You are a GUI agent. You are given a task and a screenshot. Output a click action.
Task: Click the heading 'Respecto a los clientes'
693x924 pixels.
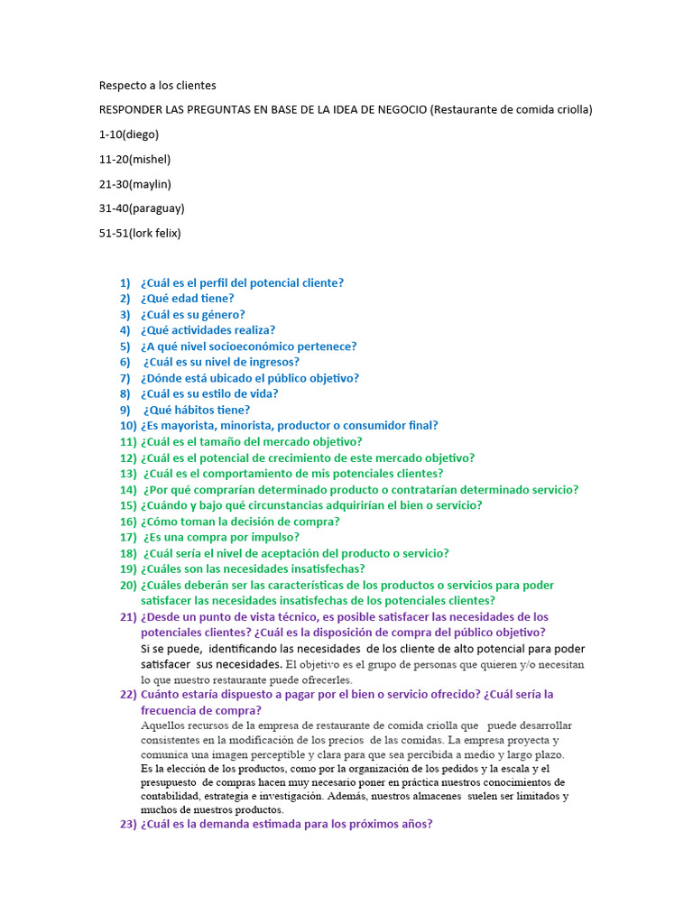pyautogui.click(x=157, y=86)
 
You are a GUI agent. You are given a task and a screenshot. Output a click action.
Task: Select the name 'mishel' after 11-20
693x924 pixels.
pyautogui.click(x=149, y=159)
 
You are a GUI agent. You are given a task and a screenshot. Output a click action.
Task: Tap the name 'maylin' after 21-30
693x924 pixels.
pyautogui.click(x=150, y=184)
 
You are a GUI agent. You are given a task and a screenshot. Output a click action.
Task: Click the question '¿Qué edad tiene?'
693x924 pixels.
pyautogui.click(x=188, y=299)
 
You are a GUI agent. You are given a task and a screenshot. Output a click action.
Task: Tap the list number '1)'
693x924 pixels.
pyautogui.click(x=125, y=282)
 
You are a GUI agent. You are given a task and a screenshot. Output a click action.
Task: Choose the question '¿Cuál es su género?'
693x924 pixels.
pyautogui.click(x=193, y=315)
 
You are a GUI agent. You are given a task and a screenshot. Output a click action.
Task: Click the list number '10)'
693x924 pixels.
pyautogui.click(x=127, y=425)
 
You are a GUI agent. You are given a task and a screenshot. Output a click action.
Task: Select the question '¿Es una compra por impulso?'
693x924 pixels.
pyautogui.click(x=221, y=537)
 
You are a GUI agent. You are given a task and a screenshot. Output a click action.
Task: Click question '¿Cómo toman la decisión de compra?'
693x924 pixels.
pyautogui.click(x=240, y=522)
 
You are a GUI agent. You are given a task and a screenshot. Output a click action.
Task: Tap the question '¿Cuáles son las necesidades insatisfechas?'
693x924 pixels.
pyautogui.click(x=253, y=568)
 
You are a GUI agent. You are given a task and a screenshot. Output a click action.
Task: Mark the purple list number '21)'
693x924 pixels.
pyautogui.click(x=127, y=617)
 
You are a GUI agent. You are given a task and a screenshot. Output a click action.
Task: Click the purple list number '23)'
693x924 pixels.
pyautogui.click(x=127, y=824)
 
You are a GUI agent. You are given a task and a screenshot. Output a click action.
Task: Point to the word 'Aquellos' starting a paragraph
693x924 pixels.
pyautogui.click(x=162, y=725)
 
